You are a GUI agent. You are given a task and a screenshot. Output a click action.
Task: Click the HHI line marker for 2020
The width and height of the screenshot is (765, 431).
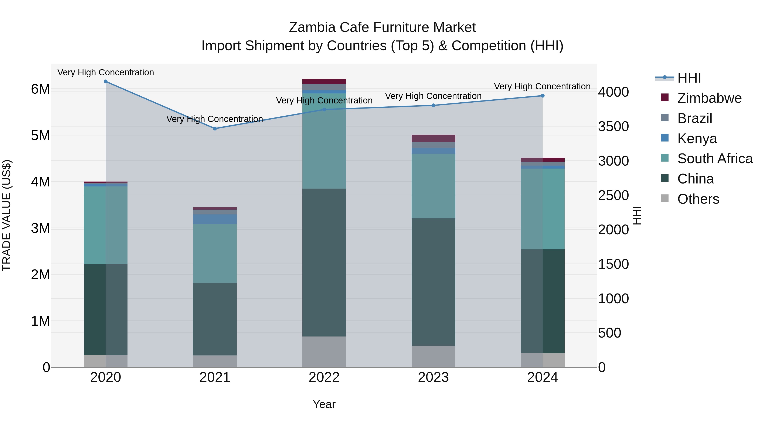[106, 82]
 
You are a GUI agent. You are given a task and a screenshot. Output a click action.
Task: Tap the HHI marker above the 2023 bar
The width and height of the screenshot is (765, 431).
[433, 105]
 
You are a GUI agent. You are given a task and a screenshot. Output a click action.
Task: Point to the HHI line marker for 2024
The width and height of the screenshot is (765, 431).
[543, 96]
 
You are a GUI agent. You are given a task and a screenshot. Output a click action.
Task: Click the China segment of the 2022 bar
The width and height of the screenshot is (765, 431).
[324, 262]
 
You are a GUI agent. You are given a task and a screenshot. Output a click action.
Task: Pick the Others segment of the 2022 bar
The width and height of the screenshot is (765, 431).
[324, 352]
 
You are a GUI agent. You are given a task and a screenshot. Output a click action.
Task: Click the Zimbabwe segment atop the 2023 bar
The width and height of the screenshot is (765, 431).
[433, 138]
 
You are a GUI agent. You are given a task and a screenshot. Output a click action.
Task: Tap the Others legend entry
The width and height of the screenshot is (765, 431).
[698, 199]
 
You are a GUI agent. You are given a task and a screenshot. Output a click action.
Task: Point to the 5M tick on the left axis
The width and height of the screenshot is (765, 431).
[41, 135]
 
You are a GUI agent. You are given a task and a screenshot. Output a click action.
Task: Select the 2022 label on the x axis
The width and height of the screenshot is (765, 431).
[324, 377]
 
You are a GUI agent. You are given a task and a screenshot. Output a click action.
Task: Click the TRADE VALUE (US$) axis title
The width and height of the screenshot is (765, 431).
[7, 215]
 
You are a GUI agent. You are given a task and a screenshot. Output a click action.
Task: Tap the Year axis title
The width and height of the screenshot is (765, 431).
[324, 404]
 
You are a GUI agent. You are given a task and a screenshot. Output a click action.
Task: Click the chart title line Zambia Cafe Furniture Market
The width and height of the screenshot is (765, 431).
[382, 27]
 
